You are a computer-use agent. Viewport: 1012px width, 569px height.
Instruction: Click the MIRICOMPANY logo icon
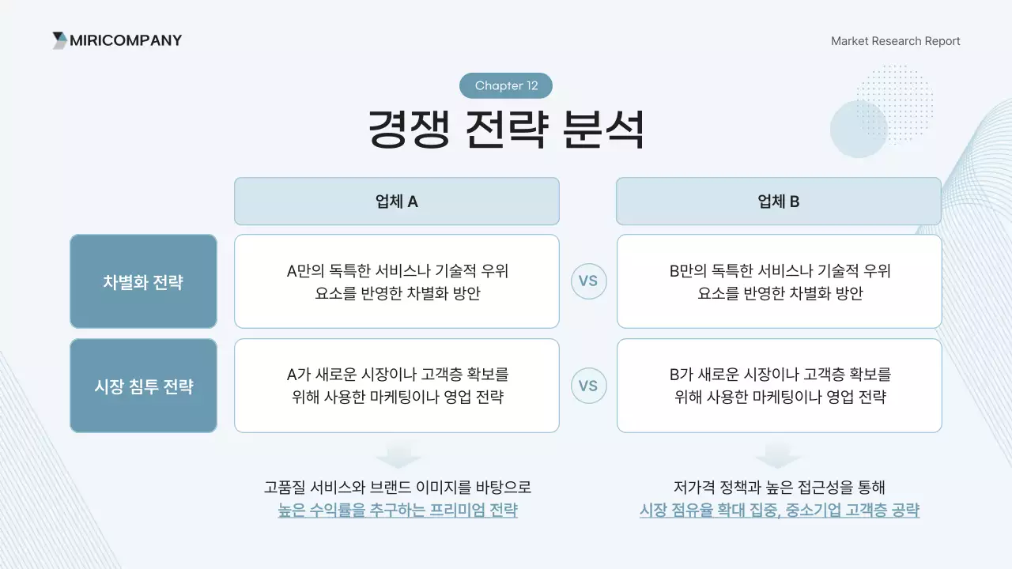59,40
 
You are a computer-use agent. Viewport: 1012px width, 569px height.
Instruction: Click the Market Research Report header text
895,41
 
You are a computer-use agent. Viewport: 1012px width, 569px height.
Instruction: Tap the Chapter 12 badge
506,85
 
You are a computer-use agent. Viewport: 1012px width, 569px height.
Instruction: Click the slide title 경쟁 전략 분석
506,130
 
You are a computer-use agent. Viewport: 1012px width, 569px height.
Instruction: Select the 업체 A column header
396,202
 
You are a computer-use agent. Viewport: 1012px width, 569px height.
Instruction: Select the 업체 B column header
778,202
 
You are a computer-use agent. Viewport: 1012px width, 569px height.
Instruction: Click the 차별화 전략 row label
143,282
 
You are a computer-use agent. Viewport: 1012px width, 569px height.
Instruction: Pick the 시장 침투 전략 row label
143,386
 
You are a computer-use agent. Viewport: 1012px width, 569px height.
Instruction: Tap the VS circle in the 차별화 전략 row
588,281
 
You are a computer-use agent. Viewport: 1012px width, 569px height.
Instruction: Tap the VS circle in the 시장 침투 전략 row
588,386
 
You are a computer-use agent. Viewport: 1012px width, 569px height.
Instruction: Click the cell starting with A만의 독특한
396,281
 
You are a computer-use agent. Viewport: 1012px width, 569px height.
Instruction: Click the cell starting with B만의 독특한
779,281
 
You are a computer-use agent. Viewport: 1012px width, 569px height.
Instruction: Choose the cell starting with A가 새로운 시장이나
396,386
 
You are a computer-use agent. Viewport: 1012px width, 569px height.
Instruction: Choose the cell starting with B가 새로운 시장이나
779,386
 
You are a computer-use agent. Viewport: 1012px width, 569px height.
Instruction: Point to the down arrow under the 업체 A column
398,456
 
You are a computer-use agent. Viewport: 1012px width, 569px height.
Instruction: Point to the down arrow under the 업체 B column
778,456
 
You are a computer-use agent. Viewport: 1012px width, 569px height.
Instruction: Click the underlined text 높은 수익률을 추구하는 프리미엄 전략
398,511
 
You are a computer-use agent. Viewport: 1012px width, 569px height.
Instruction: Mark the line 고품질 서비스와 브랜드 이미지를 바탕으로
398,487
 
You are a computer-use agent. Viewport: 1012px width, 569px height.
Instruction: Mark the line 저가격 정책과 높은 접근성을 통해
779,487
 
